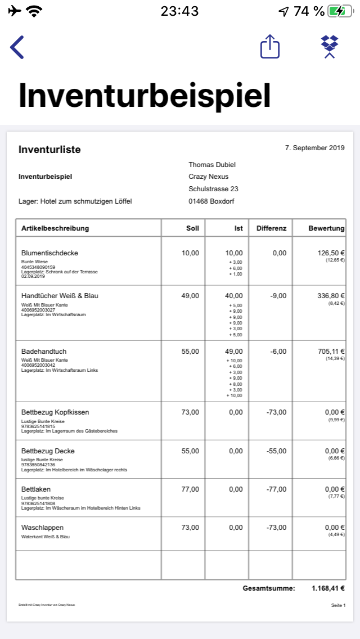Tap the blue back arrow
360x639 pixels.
pos(17,47)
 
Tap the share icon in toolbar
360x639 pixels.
pos(270,47)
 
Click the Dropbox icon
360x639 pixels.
pos(330,47)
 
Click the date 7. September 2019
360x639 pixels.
pos(314,148)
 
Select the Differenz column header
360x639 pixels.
pos(271,228)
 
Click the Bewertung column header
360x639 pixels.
pos(326,228)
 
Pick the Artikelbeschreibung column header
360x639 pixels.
pos(55,228)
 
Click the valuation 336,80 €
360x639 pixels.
pos(331,296)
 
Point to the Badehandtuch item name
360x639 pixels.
pos(44,352)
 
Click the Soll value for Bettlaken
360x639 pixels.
pos(190,489)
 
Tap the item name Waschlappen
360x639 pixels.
pos(42,528)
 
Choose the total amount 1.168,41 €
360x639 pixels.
pos(328,588)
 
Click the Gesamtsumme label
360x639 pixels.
pos(269,588)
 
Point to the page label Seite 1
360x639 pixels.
pos(338,605)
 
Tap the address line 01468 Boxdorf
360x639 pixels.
pos(211,201)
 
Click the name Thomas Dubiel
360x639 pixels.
pos(212,165)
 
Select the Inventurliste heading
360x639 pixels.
pos(49,150)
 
